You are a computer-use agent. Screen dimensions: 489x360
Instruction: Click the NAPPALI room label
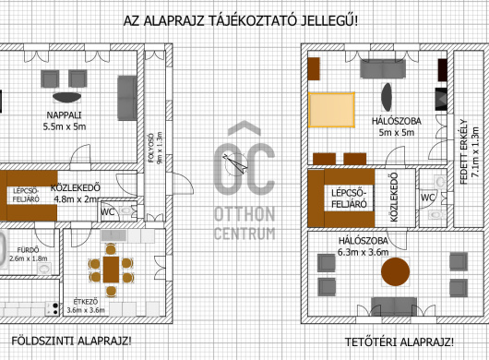pyautogui.click(x=64, y=115)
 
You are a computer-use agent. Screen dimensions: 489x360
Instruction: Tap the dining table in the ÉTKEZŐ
pyautogui.click(x=111, y=270)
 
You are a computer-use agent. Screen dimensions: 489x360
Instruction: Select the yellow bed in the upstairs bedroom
pyautogui.click(x=331, y=110)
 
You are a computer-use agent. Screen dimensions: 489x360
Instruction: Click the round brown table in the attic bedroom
pyautogui.click(x=395, y=271)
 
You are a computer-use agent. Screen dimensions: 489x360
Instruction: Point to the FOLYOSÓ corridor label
pyautogui.click(x=151, y=149)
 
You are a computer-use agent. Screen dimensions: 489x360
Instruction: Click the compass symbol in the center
pyautogui.click(x=235, y=163)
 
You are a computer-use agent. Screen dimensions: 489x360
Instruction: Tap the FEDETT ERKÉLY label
pyautogui.click(x=464, y=151)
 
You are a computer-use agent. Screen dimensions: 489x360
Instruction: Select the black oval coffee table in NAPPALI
pyautogui.click(x=66, y=97)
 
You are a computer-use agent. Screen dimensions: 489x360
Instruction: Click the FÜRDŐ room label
pyautogui.click(x=28, y=250)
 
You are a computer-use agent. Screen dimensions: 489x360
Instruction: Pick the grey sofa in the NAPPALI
pyautogui.click(x=127, y=98)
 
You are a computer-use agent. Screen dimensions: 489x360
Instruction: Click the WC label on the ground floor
pyautogui.click(x=107, y=212)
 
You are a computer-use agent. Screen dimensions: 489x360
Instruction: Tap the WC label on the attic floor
pyautogui.click(x=427, y=198)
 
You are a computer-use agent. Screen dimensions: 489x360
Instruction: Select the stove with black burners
pyautogui.click(x=52, y=308)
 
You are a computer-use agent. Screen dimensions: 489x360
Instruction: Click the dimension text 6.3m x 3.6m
pyautogui.click(x=363, y=252)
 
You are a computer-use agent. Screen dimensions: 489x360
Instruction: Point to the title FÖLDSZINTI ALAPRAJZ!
pyautogui.click(x=71, y=341)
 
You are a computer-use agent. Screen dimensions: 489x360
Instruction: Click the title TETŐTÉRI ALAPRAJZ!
pyautogui.click(x=400, y=342)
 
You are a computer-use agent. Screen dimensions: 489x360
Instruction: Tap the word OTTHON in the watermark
pyautogui.click(x=244, y=214)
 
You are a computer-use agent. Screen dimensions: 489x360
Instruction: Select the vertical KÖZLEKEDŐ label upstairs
pyautogui.click(x=394, y=198)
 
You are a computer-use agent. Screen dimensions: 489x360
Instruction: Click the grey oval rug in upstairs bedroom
pyautogui.click(x=387, y=97)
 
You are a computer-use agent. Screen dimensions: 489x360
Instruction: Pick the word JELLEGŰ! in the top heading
pyautogui.click(x=329, y=21)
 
